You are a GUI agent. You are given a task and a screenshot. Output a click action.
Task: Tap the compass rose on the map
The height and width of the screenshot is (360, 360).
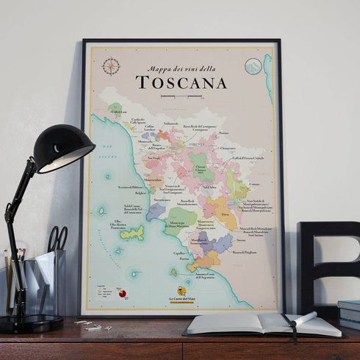[111, 66]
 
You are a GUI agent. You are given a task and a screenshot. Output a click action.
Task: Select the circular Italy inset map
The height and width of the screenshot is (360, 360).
[253, 66]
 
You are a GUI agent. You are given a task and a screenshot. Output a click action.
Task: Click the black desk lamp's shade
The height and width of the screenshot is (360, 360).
[64, 149]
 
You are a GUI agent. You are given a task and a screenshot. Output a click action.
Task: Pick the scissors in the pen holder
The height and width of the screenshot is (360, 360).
[57, 239]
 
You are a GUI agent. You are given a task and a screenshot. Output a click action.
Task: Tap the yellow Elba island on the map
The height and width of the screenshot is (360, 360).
[132, 234]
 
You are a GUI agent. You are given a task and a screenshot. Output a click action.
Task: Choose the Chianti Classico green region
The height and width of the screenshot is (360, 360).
[201, 170]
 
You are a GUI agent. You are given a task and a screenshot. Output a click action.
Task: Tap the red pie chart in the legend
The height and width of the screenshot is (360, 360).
[122, 294]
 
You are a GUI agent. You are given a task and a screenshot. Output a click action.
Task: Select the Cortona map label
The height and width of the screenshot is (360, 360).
[253, 184]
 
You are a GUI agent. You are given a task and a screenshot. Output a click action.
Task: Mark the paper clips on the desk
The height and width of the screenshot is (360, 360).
[88, 324]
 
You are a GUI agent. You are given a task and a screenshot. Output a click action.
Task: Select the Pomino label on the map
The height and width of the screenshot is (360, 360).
[223, 133]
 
